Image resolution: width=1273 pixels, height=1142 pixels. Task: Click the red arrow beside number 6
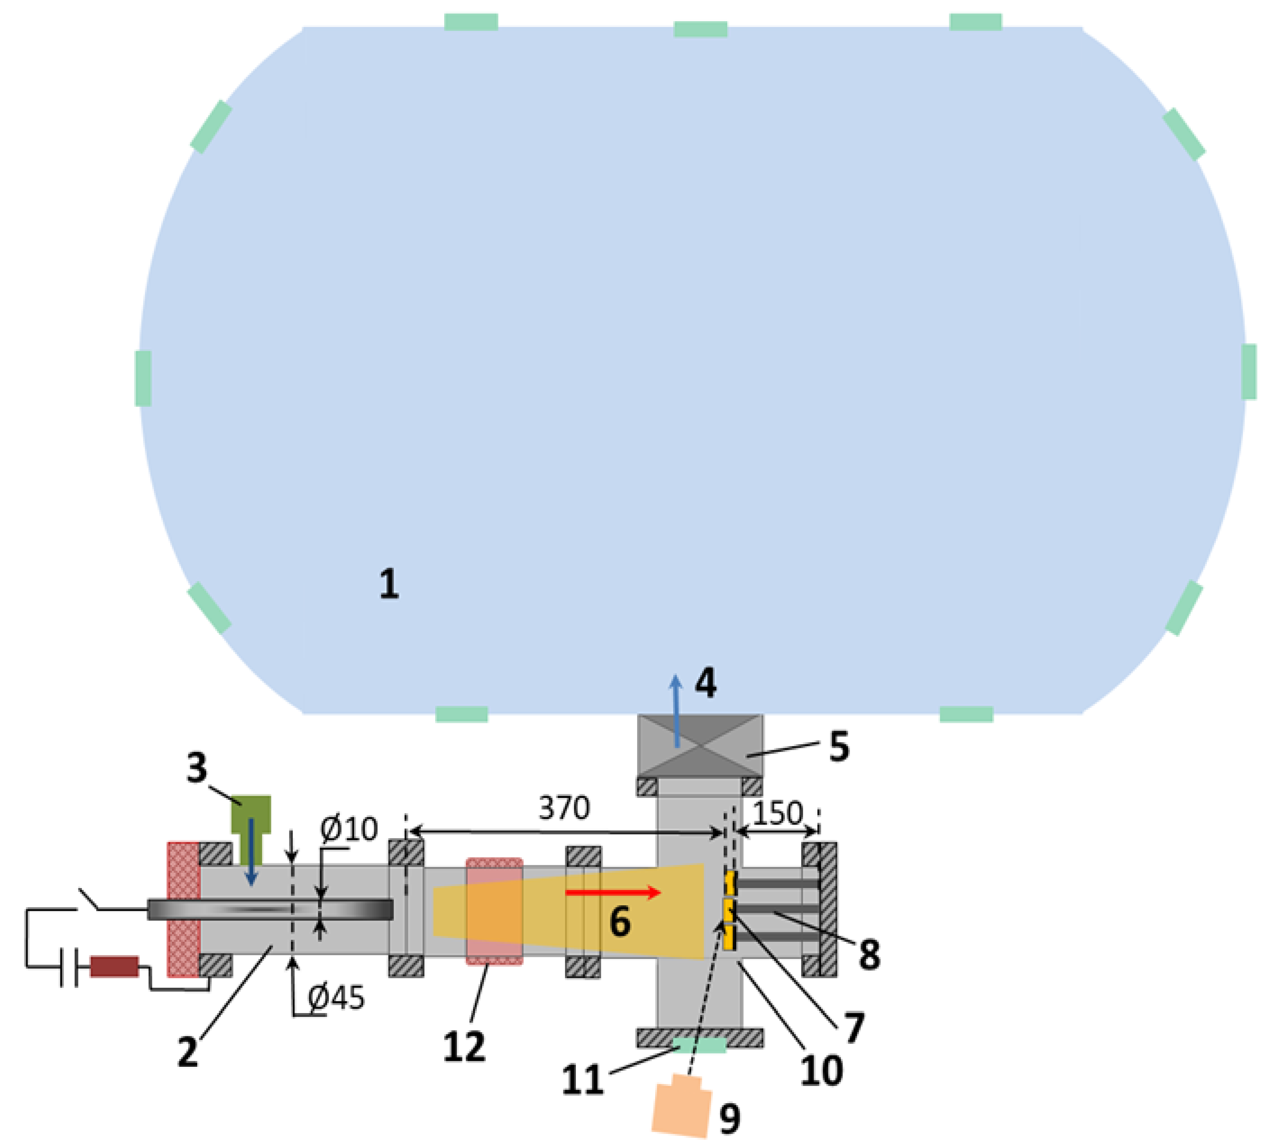point(613,892)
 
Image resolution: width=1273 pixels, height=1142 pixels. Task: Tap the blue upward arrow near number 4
point(676,710)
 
